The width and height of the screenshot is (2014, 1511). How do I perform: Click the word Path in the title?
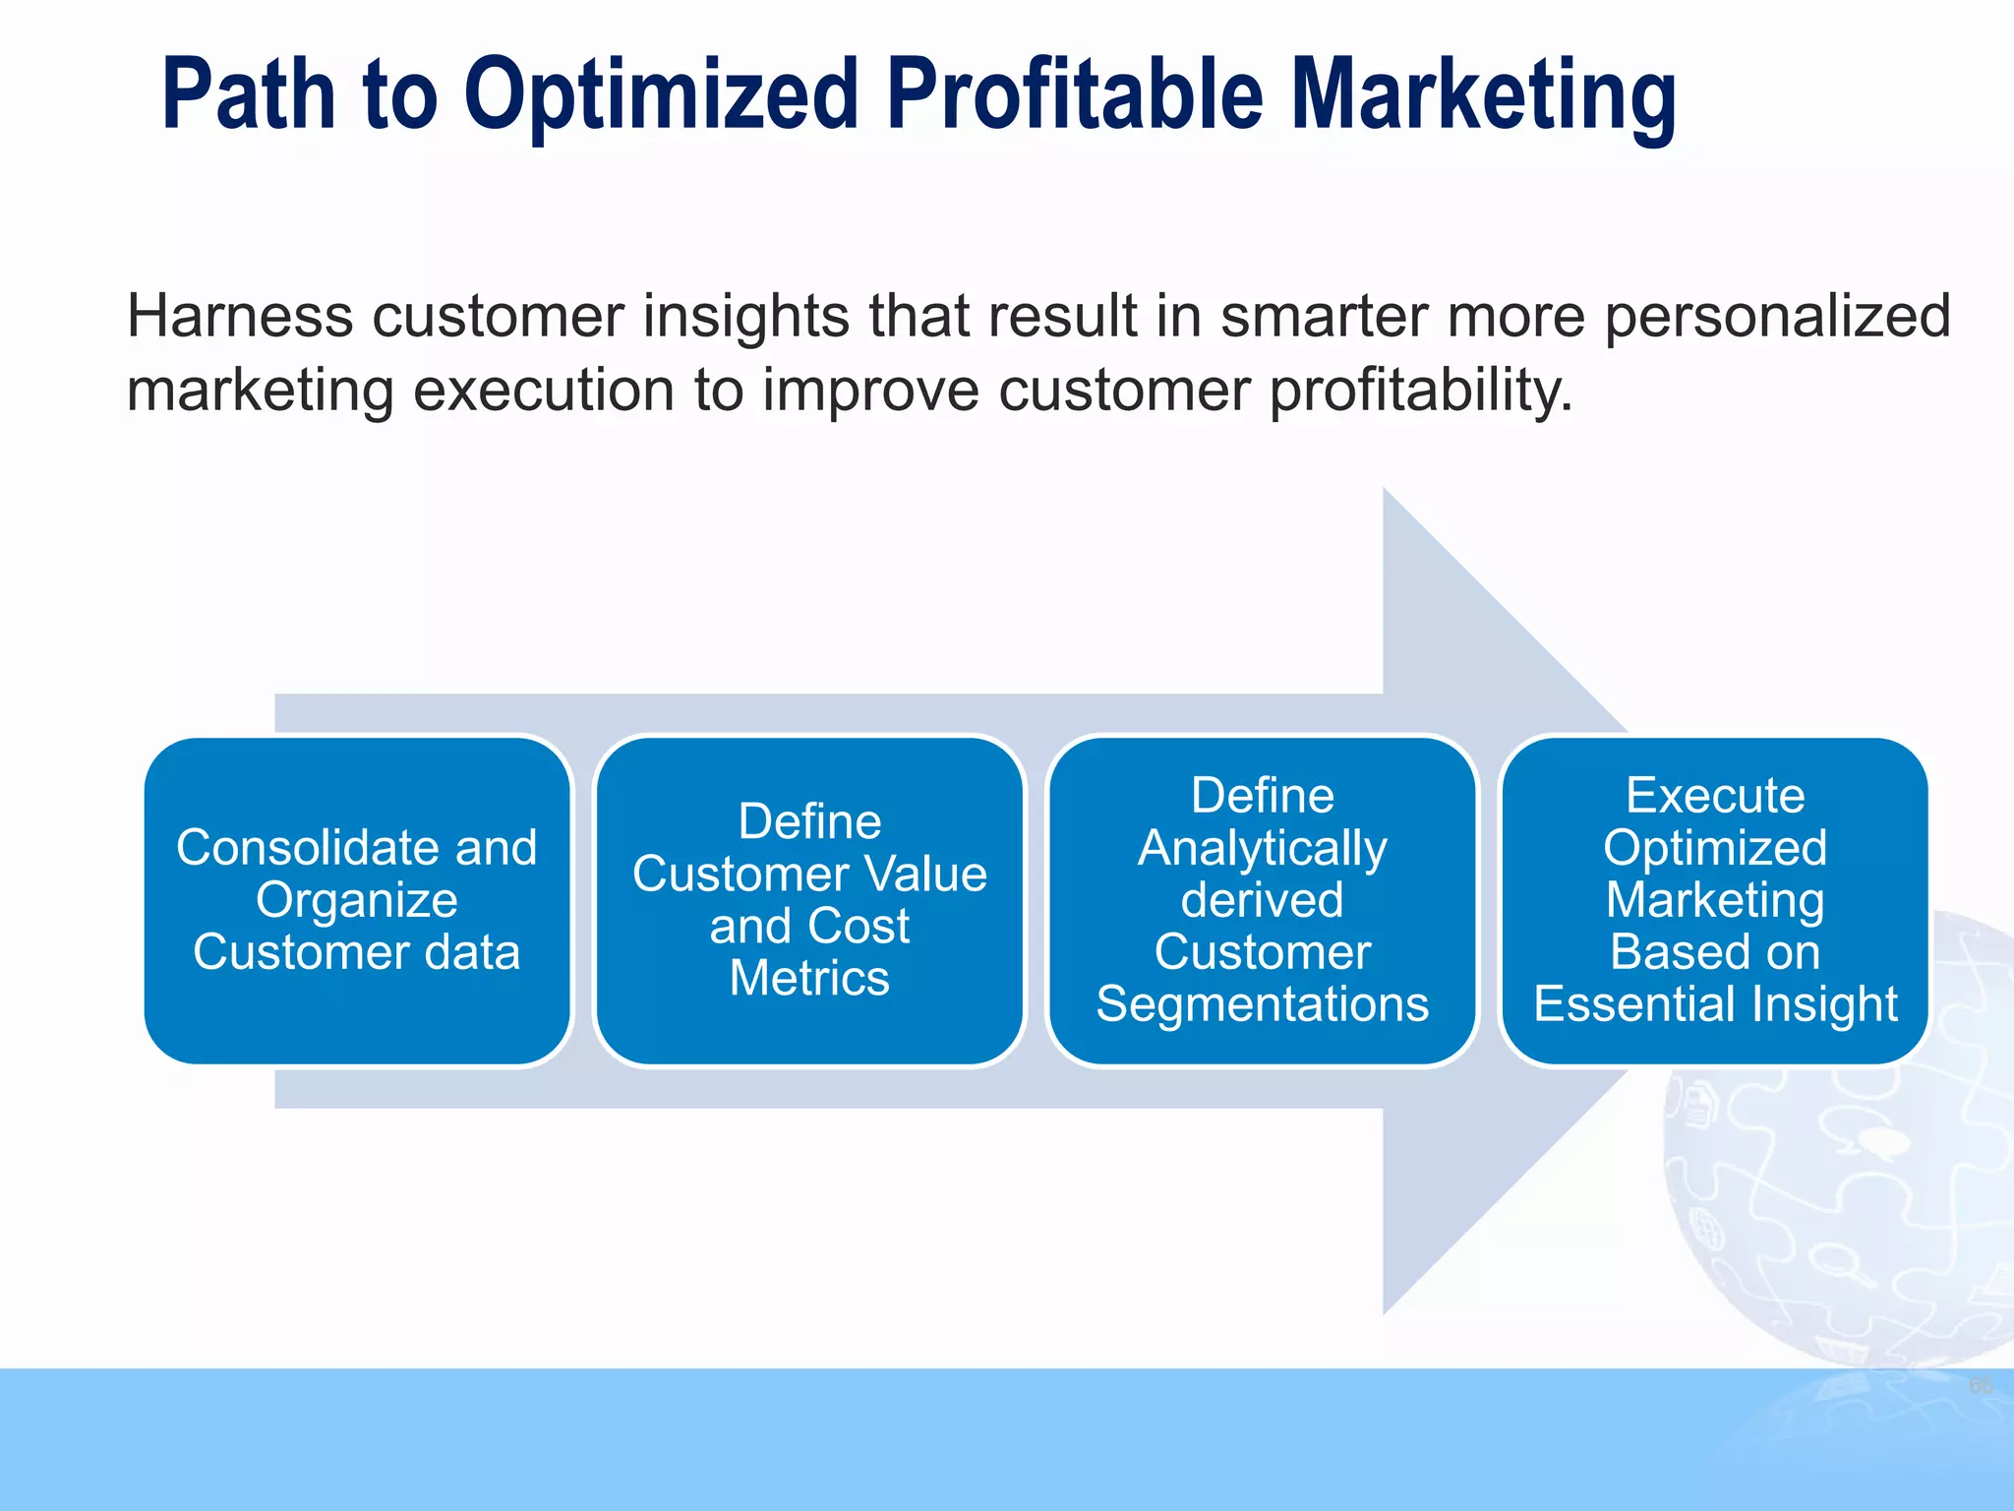click(x=248, y=94)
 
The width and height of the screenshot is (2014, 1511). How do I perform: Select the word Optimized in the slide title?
click(x=662, y=96)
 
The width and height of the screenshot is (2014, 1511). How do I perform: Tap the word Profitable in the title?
click(x=1074, y=94)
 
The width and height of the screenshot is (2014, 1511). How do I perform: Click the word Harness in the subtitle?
click(x=239, y=317)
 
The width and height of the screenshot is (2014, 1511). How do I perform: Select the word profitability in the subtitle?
click(x=1420, y=392)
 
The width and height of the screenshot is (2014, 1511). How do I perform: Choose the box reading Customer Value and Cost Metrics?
click(x=809, y=900)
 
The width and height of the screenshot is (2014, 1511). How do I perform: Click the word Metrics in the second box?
click(x=809, y=979)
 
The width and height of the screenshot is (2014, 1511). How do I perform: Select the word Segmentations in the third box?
click(x=1262, y=1004)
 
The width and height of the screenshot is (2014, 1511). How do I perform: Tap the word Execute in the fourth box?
click(x=1715, y=796)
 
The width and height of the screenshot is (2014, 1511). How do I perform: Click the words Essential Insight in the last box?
click(x=1715, y=1004)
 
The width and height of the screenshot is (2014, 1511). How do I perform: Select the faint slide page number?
click(x=1980, y=1386)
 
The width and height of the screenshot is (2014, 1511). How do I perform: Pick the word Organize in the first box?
click(x=356, y=900)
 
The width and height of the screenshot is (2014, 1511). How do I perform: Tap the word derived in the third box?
click(x=1262, y=900)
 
